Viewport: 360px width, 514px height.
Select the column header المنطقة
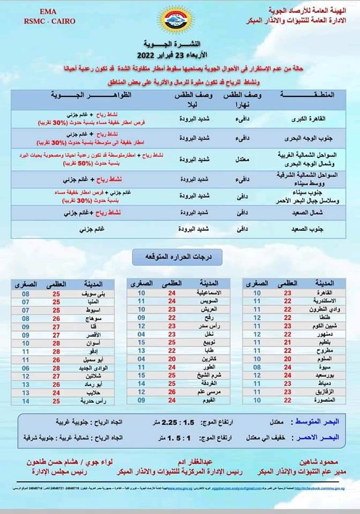click(307, 95)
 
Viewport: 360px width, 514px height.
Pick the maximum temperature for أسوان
click(56, 343)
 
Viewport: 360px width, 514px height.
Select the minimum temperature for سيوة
click(257, 368)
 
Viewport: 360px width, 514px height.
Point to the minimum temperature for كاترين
click(141, 359)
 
